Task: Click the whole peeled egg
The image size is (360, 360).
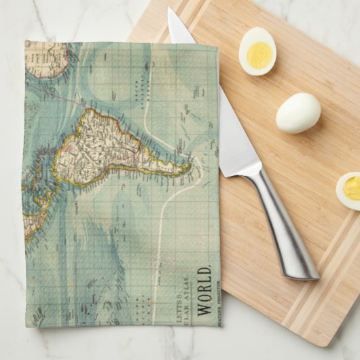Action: (x=298, y=113)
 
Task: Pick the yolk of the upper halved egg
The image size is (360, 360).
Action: (x=258, y=53)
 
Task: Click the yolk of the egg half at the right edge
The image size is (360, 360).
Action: (x=352, y=188)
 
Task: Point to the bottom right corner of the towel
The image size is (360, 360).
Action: (x=219, y=324)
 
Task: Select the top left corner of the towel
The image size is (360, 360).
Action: (x=26, y=42)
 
